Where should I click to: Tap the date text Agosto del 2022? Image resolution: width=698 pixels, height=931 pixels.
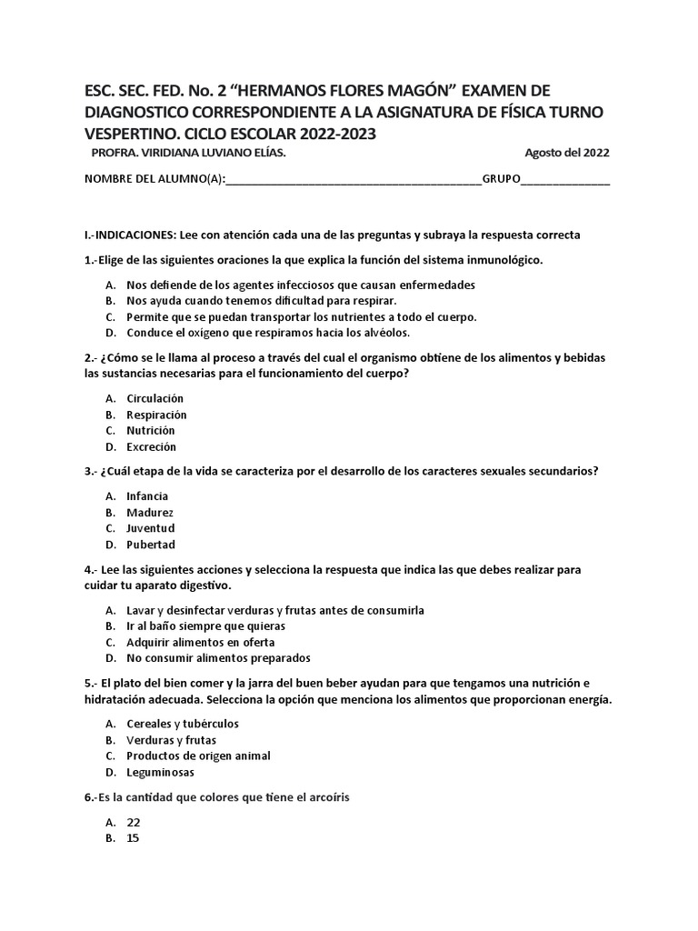tap(567, 152)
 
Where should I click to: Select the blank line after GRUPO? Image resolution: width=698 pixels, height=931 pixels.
tap(565, 179)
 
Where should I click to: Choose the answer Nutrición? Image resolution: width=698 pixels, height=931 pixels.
tap(151, 430)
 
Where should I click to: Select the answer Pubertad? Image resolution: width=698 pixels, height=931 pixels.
tap(151, 545)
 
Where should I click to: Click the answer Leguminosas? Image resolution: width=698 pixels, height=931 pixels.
tap(162, 772)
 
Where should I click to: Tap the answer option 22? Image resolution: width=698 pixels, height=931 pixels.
tap(134, 822)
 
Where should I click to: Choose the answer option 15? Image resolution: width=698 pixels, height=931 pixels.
tap(134, 838)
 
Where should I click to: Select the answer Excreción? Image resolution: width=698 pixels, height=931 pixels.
tap(152, 446)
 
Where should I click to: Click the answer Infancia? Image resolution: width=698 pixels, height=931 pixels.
tap(147, 496)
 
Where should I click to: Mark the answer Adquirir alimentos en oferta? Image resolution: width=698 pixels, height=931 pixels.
tap(201, 642)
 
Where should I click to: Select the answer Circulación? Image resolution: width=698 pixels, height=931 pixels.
tap(155, 398)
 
